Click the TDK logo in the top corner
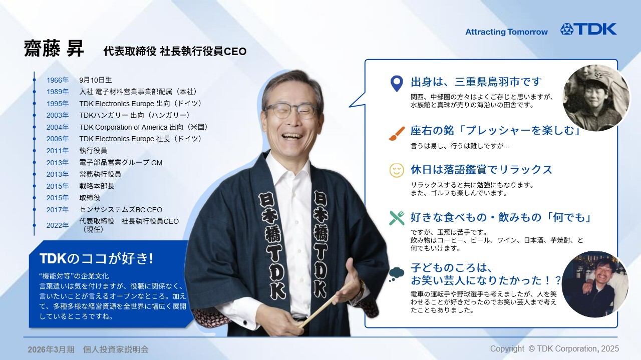point(588,29)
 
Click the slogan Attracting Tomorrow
point(506,32)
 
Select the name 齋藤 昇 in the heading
point(54,49)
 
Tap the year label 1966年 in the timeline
point(58,80)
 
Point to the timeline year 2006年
point(58,139)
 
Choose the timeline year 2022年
point(58,225)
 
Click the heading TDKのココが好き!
point(96,258)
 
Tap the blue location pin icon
point(397,83)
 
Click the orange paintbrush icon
point(397,133)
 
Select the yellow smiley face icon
point(397,170)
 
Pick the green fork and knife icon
point(397,218)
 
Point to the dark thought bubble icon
point(397,273)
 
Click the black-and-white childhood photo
point(596,99)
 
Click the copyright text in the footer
point(554,348)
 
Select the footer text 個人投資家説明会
point(116,349)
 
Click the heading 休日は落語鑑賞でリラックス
point(481,169)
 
